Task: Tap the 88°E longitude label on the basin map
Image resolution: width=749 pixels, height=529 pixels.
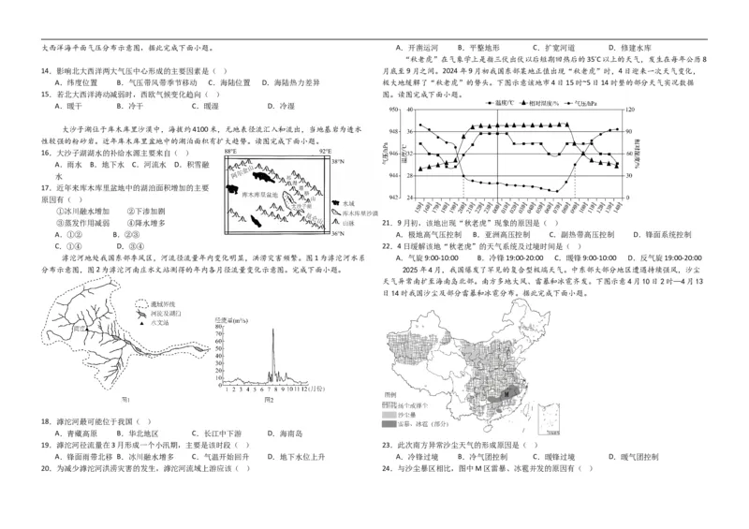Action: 231,150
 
